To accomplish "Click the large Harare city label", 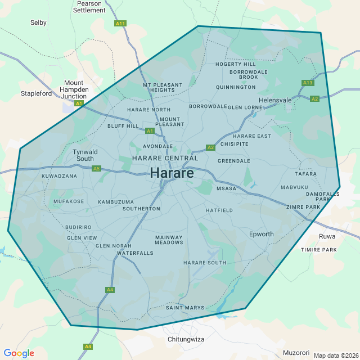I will pyautogui.click(x=172, y=173).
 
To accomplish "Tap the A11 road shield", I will pyautogui.click(x=120, y=24).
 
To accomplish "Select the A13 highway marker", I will pyautogui.click(x=308, y=83).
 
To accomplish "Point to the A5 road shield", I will pyautogui.click(x=96, y=168).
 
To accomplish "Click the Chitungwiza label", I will pyautogui.click(x=186, y=340).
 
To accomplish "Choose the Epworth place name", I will pyautogui.click(x=261, y=234).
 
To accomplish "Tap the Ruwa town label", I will pyautogui.click(x=327, y=236).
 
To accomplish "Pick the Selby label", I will pyautogui.click(x=38, y=22).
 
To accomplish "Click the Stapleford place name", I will pyautogui.click(x=36, y=93).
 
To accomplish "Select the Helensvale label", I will pyautogui.click(x=279, y=100).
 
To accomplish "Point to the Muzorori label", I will pyautogui.click(x=296, y=353).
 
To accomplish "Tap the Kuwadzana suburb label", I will pyautogui.click(x=59, y=176).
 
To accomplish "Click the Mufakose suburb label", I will pyautogui.click(x=69, y=201).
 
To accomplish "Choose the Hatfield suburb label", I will pyautogui.click(x=219, y=210).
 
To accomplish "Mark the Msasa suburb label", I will pyautogui.click(x=226, y=189).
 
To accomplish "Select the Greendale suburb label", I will pyautogui.click(x=233, y=161).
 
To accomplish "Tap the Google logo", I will pyautogui.click(x=19, y=353).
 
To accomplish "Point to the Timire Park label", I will pyautogui.click(x=318, y=249).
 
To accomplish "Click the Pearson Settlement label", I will pyautogui.click(x=89, y=7).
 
